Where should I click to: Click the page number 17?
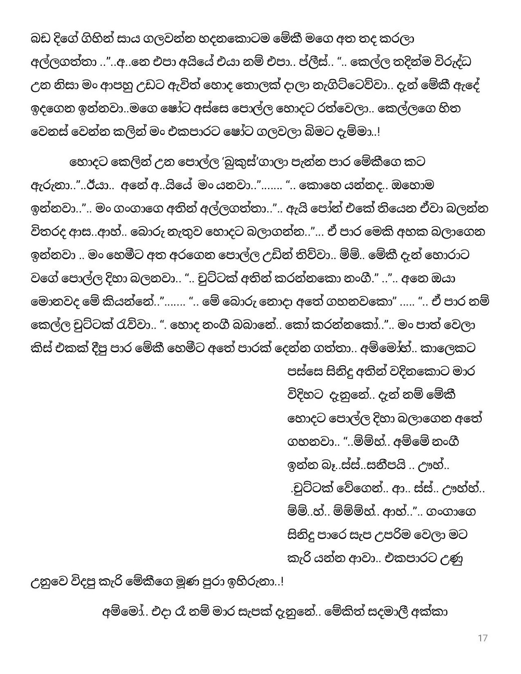tap(483, 638)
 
